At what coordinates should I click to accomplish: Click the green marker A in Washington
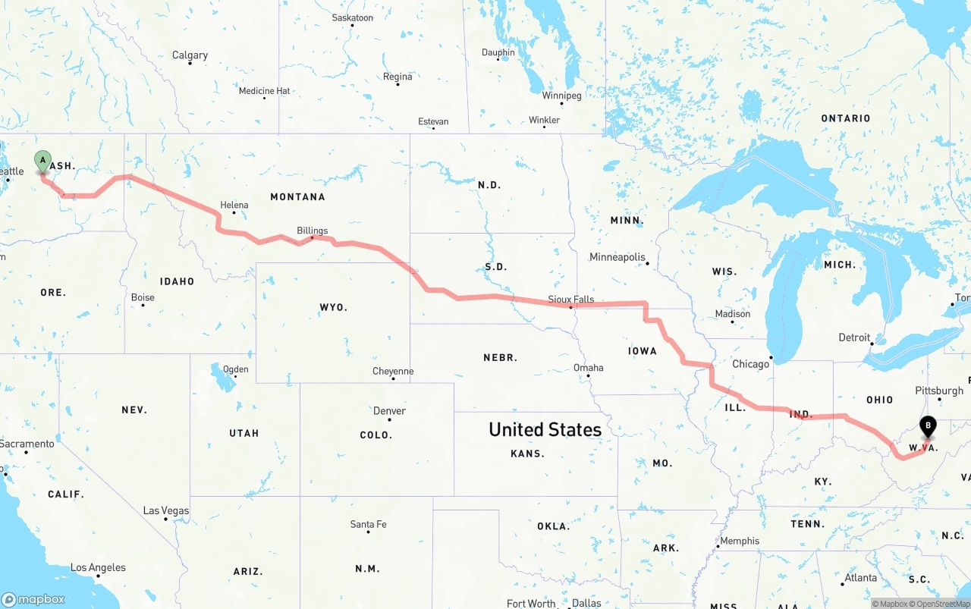pos(42,161)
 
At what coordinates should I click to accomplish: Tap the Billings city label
pos(312,231)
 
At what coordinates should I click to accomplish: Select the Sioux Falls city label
pos(570,300)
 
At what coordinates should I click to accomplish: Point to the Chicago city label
pos(750,364)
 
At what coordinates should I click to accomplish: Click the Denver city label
pos(389,411)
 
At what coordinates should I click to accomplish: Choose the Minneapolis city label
pos(617,257)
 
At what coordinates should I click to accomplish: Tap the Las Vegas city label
pos(166,510)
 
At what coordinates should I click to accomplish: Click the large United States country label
pos(545,429)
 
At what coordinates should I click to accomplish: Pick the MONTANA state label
pos(297,196)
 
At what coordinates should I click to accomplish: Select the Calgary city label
pos(190,55)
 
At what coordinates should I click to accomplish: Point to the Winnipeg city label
pos(561,96)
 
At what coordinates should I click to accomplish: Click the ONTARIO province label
pos(845,118)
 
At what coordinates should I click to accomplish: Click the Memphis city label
pos(740,541)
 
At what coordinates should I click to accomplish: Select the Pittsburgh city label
pos(938,391)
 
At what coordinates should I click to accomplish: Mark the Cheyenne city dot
pos(393,378)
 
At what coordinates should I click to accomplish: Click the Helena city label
pos(234,205)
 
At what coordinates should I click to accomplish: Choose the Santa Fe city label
pos(368,524)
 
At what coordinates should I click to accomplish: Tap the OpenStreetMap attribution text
pos(941,604)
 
